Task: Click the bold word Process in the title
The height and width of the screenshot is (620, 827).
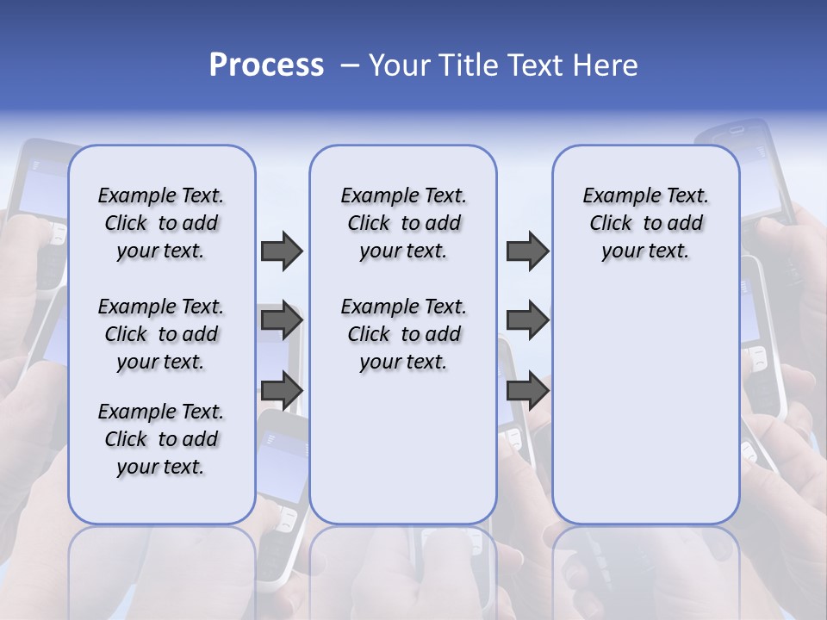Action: click(x=266, y=65)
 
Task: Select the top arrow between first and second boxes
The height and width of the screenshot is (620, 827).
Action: click(x=282, y=251)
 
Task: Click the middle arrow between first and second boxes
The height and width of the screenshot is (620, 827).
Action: click(x=282, y=321)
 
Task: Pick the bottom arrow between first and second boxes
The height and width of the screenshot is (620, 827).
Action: click(x=282, y=390)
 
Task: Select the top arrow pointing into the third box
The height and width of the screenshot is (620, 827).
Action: click(x=527, y=251)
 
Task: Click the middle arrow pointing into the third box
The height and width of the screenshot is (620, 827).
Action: click(x=527, y=321)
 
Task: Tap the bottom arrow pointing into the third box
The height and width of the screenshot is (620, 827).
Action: click(x=527, y=390)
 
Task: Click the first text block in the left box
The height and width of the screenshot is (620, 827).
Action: click(x=161, y=223)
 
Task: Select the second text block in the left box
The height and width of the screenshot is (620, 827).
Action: click(x=161, y=334)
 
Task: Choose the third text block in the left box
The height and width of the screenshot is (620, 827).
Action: click(x=161, y=439)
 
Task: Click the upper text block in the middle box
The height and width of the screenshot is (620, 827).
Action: click(x=403, y=223)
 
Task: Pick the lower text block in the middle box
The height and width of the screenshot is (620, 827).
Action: click(x=403, y=334)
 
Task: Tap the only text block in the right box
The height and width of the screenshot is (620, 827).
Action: click(x=646, y=223)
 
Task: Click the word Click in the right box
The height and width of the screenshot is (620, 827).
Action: click(x=611, y=223)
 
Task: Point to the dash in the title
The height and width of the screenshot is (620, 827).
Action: click(x=350, y=65)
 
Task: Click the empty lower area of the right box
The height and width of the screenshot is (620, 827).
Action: click(x=646, y=413)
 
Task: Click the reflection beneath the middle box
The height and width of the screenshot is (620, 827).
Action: click(x=403, y=568)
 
